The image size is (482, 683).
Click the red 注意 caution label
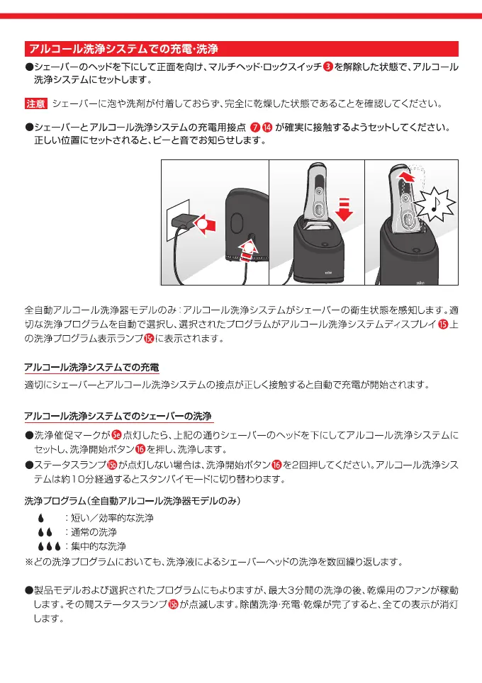click(36, 104)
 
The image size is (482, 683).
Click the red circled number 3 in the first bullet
click(327, 67)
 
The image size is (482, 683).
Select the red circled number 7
click(255, 128)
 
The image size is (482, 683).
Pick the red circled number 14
click(267, 128)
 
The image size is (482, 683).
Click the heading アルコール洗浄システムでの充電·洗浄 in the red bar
click(123, 49)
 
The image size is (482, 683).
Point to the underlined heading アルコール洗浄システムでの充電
click(91, 368)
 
